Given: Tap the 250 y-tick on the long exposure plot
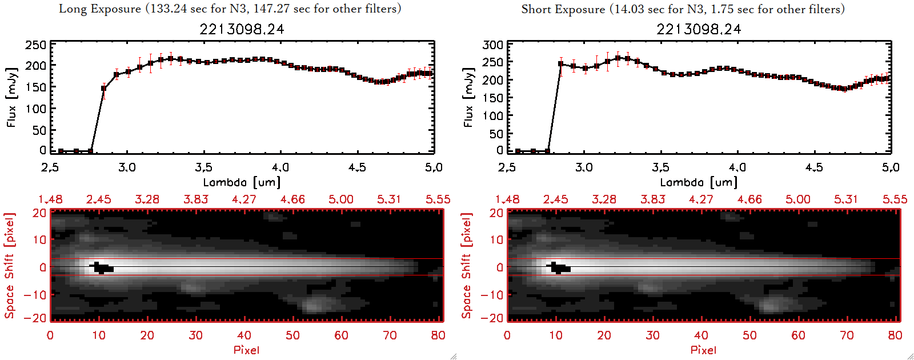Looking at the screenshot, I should click(36, 45).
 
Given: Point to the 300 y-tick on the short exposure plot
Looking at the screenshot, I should click(493, 45).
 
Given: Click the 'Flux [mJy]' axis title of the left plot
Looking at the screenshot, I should click(12, 97).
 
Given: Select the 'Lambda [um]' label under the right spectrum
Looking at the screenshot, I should click(699, 182).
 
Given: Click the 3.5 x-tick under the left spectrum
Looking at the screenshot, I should click(203, 167).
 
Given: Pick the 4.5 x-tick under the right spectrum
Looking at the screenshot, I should click(814, 167).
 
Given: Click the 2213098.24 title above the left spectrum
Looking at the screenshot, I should click(242, 29).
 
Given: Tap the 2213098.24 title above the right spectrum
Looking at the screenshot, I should click(699, 29).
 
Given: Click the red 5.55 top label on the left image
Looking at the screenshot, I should click(438, 199).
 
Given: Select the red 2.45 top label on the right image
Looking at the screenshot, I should click(555, 199).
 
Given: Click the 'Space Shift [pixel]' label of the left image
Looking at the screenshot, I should click(10, 265).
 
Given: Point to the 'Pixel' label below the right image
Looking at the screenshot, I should click(703, 350).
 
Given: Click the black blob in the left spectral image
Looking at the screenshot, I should click(102, 267).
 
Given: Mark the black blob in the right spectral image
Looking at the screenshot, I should click(559, 267).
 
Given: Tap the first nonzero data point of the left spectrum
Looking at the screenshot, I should click(104, 89).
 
